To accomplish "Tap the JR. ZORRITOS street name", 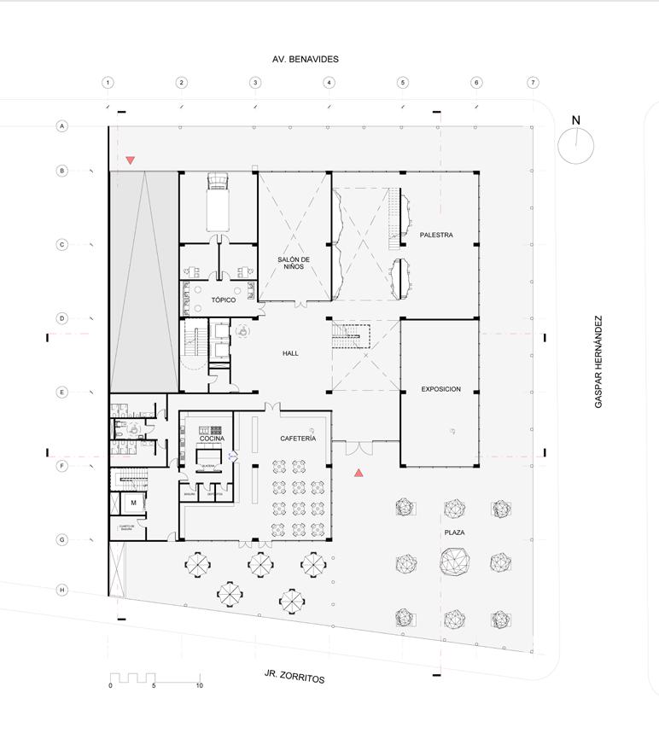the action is click(295, 677).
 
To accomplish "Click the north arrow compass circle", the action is click(575, 145).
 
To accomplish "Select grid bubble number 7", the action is click(533, 83).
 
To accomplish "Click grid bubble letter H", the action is click(62, 590).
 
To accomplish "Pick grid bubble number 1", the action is click(108, 83).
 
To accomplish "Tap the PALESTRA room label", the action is click(436, 235).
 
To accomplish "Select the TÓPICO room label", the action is click(223, 300).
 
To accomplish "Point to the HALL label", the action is click(290, 352).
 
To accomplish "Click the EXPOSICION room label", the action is click(440, 389).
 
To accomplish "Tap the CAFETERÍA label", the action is click(298, 439).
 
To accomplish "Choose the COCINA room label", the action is click(212, 439).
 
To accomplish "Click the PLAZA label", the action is click(454, 532).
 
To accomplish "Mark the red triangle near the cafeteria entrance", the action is click(359, 473).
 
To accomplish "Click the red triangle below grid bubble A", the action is click(131, 160).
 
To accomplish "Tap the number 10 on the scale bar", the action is click(199, 686).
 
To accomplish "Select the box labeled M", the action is click(133, 503).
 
